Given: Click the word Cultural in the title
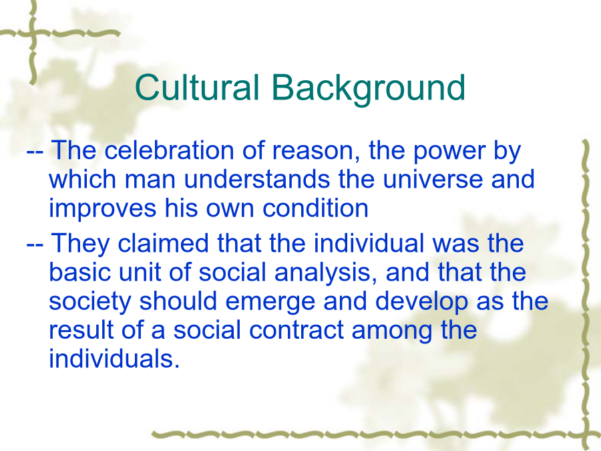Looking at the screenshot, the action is [198, 87].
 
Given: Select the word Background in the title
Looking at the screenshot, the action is [369, 89].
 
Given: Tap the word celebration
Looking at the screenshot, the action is [169, 150].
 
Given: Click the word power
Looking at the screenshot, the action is [449, 152].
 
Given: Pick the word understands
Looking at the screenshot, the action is [257, 179].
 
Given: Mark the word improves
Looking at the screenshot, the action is [102, 209].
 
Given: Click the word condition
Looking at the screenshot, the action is [315, 208].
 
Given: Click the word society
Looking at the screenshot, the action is [90, 302].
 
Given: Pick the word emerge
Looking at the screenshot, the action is [270, 303].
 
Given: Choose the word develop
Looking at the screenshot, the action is [421, 302].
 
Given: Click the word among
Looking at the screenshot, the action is [392, 331].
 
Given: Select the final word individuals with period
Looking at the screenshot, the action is [114, 359].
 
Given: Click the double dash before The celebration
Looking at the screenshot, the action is [35, 152].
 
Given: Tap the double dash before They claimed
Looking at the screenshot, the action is [35, 245].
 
